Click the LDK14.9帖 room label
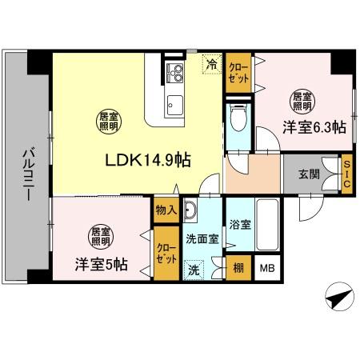(x=148, y=159)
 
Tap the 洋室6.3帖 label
(x=312, y=127)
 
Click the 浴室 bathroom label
(x=240, y=225)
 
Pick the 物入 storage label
(x=166, y=210)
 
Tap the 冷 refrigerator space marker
(x=212, y=63)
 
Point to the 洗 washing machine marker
(x=194, y=270)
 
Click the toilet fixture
(x=238, y=121)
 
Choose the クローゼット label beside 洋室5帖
(x=166, y=257)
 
